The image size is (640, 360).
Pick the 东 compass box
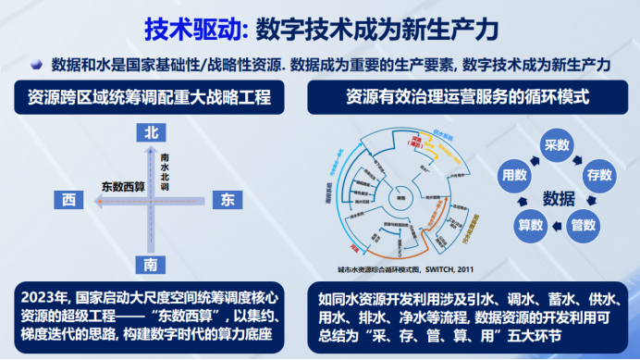click(228, 200)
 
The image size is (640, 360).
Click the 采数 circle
click(558, 145)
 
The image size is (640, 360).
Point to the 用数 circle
click(514, 173)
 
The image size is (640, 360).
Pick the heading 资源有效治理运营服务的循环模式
click(467, 95)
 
